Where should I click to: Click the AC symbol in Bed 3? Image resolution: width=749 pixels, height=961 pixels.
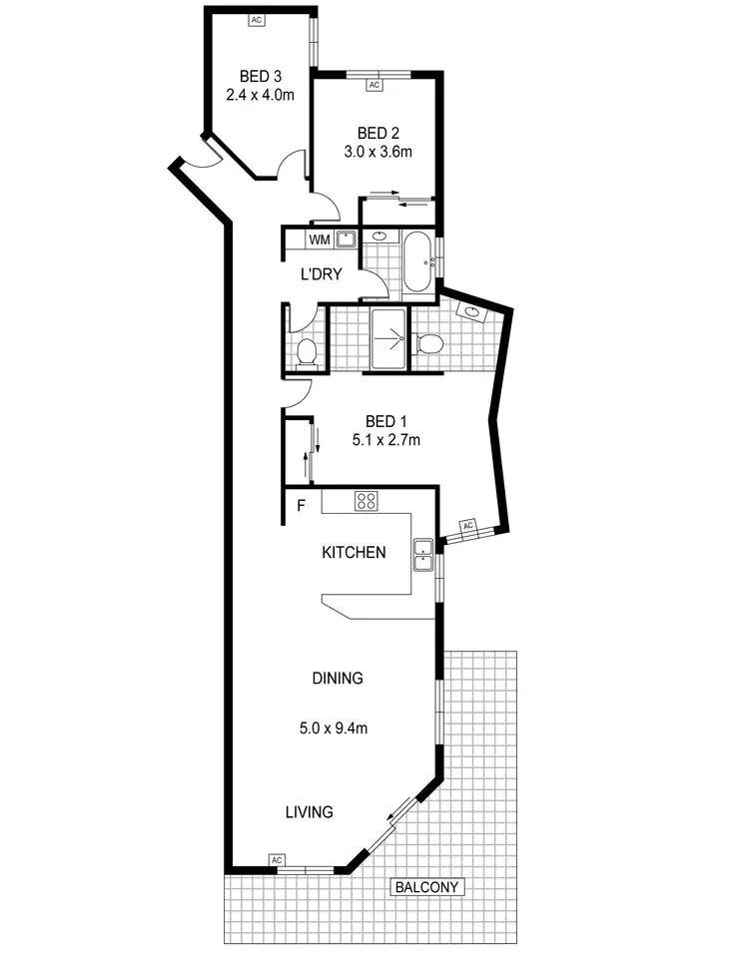[257, 19]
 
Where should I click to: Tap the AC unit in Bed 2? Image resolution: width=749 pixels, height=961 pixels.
[375, 86]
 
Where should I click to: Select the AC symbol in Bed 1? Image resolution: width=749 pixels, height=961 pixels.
[466, 526]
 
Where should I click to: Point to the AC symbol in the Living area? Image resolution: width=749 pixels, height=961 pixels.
[277, 860]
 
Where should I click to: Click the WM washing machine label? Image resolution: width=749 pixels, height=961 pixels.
[319, 240]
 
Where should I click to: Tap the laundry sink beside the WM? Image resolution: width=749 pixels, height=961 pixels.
[346, 239]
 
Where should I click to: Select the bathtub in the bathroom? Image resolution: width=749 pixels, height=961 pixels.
[417, 260]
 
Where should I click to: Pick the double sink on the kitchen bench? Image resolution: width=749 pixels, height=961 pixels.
[423, 555]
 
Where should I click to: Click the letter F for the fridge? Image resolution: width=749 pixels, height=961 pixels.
[300, 506]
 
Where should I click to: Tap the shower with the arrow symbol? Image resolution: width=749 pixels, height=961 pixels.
[386, 339]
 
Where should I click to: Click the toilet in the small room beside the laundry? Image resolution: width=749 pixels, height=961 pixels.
[307, 351]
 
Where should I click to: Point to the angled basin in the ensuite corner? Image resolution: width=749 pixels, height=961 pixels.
[470, 312]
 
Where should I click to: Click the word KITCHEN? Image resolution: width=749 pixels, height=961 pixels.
[353, 552]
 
